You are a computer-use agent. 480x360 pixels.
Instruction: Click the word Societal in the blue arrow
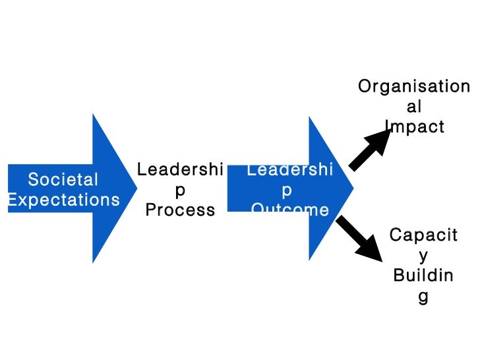63,179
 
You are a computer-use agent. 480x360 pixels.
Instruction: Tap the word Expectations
63,200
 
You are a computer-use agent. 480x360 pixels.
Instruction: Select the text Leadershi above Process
180,170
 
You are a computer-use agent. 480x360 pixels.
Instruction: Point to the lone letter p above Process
180,191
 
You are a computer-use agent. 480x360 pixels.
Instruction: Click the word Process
180,210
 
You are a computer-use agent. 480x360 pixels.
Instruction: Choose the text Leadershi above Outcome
289,170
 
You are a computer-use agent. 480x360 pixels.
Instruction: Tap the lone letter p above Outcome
287,191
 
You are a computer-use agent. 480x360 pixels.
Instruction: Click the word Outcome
289,210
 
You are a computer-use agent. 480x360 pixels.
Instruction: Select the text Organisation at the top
413,86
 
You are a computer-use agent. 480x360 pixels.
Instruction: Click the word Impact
415,127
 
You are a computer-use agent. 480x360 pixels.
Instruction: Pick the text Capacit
423,235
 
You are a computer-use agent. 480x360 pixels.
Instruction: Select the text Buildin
423,276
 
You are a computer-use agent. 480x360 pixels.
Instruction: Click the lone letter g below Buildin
423,297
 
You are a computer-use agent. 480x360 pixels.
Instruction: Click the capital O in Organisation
364,86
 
